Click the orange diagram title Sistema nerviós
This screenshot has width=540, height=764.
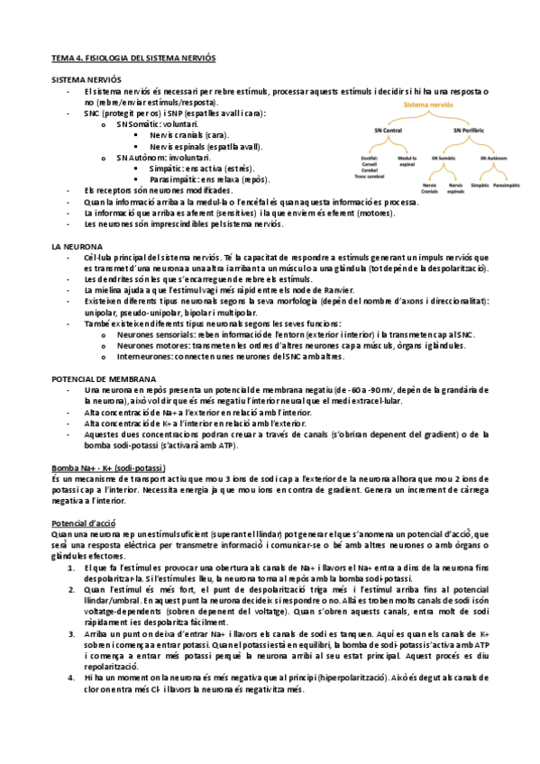coord(429,105)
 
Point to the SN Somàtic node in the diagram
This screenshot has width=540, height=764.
coord(444,158)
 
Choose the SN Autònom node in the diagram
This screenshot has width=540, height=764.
coord(494,158)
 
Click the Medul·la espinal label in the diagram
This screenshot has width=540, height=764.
coord(407,159)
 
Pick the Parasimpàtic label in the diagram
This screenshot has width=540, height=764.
coord(508,184)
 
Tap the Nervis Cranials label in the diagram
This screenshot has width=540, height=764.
coord(430,186)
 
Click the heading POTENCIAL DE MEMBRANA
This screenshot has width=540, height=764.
coord(104,379)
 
